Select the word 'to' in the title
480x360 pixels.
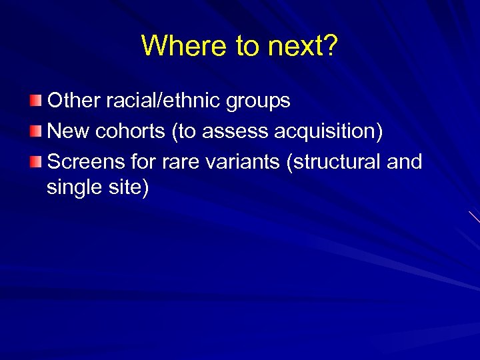(247, 45)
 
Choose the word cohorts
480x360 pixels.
(131, 131)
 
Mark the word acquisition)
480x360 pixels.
(328, 131)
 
